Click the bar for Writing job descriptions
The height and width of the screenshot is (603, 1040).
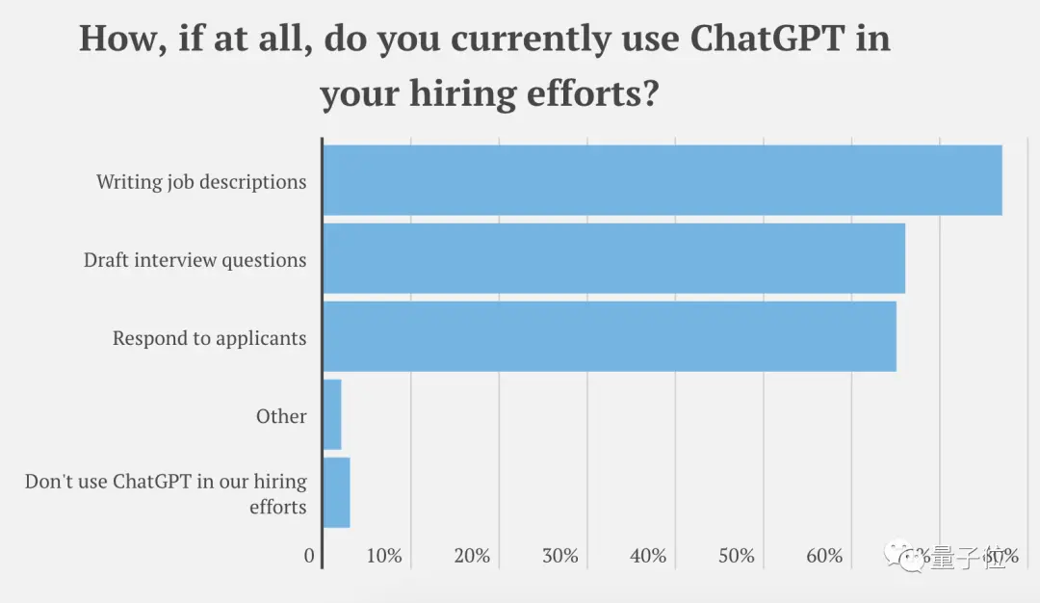662,180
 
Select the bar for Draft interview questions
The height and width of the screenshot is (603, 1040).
613,258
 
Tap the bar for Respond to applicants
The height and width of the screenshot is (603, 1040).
609,336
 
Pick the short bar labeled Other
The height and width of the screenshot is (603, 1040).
332,414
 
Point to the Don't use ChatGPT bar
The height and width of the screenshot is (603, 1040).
336,492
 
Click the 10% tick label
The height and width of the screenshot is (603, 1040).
384,557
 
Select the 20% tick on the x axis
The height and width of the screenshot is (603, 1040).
472,557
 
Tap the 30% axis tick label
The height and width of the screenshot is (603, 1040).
560,557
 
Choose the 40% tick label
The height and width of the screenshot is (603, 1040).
648,557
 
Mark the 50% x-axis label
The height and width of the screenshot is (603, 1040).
737,557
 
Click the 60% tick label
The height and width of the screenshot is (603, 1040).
825,557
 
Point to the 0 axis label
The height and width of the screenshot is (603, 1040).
309,557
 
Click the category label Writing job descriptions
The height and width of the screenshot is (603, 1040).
201,182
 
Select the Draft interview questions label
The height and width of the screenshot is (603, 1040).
195,260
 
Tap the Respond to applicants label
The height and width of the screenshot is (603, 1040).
210,338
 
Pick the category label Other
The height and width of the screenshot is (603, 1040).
281,416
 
